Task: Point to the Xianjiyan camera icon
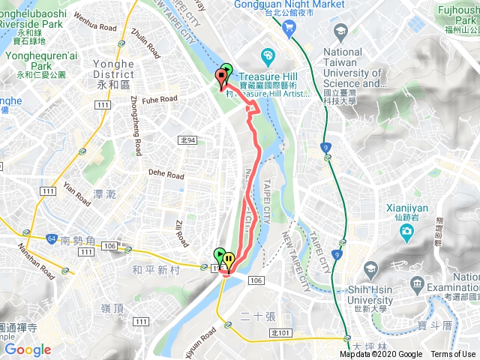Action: click(406, 229)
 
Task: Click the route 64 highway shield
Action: click(52, 238)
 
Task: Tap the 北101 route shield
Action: click(280, 332)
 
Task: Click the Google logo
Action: click(28, 349)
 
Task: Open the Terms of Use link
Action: click(453, 355)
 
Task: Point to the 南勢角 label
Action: click(76, 241)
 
